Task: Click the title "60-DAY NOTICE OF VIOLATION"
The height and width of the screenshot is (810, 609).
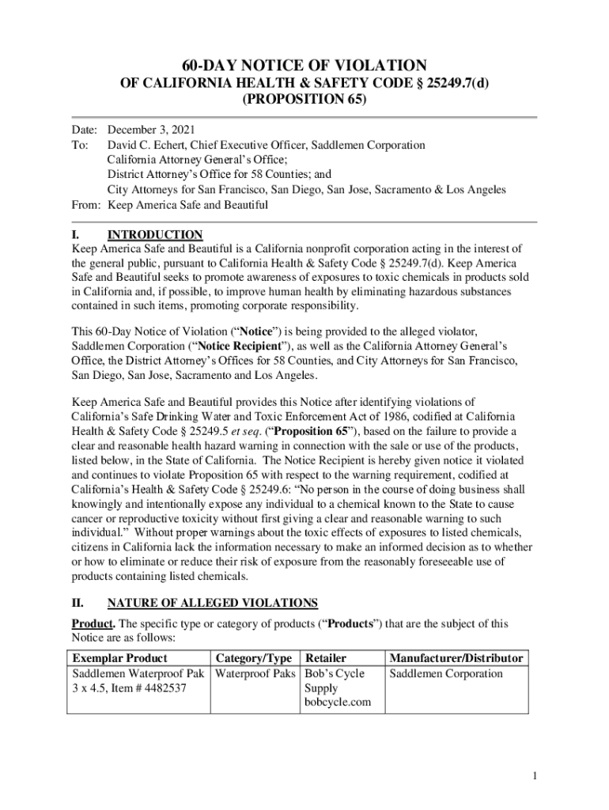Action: point(304,65)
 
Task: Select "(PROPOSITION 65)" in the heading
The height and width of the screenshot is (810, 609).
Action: point(304,100)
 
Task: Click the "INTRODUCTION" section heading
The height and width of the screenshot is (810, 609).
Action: point(155,235)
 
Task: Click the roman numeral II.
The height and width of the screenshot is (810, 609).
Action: point(78,603)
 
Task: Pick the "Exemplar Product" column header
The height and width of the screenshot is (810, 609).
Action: point(119,658)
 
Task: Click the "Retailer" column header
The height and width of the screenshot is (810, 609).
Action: point(326,658)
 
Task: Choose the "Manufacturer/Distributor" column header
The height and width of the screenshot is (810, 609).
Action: point(456,658)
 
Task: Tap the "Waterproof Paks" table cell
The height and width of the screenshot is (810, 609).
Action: point(255,674)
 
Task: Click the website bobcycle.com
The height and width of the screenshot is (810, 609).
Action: point(337,702)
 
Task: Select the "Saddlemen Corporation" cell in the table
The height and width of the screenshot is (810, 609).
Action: point(445,674)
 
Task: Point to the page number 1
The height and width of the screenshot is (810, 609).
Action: point(535,777)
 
